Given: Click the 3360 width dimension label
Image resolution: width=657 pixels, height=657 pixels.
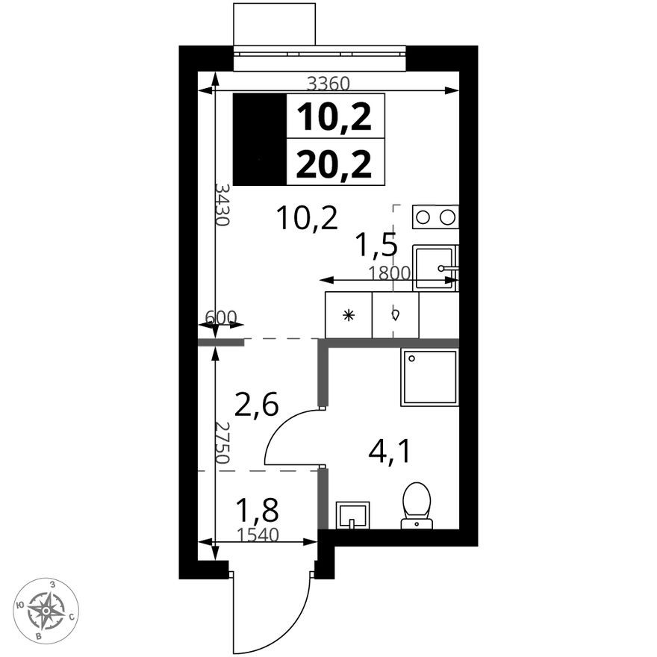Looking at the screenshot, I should coord(328,84).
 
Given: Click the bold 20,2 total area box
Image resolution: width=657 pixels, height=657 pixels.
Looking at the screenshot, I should coord(334,162).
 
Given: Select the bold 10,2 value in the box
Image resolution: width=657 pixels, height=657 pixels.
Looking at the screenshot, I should coord(334,116).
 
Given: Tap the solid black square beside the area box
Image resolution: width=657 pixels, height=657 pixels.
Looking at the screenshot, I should coord(260,140).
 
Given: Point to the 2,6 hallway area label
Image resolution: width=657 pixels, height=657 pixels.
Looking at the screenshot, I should coord(256,405).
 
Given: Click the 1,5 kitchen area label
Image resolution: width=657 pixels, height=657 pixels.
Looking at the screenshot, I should coord(375,244).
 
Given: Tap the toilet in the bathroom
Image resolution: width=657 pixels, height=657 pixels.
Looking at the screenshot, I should coord(417,503).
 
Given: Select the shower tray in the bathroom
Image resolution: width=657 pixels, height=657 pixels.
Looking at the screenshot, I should coord(429,377).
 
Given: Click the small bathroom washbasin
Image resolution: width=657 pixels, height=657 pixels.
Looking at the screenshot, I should coord(352,514).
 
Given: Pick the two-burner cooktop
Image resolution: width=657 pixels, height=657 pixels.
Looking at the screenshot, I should coord(435,217).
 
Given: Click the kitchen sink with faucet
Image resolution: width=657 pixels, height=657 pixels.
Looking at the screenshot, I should coord(436,266).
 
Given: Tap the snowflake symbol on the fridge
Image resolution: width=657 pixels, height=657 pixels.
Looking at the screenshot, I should coord(347,315).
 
